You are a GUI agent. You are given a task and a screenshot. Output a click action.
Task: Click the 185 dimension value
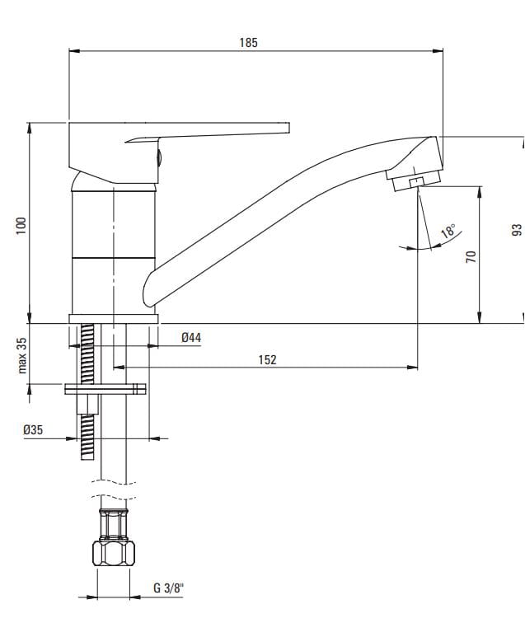coord(248,43)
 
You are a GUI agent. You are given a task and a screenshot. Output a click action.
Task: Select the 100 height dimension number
coord(21,226)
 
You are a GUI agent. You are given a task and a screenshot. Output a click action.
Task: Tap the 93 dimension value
coord(517,230)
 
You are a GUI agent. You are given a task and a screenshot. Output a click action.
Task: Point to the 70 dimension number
coord(471,256)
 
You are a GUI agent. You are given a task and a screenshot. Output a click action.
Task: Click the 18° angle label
coord(448,230)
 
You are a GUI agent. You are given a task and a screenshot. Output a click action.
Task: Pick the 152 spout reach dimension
coord(268,359)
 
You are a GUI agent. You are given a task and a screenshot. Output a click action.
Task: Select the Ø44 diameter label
coord(191,338)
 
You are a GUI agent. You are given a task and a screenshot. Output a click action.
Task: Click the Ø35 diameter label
coord(33,429)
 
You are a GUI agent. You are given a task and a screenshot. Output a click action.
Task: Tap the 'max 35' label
coord(22,355)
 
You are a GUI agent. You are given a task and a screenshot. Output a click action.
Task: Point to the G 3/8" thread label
coord(169,588)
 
